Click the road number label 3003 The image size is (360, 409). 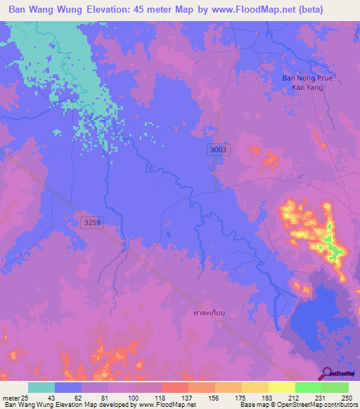217,150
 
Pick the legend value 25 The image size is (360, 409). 27,398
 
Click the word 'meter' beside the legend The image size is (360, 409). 11,398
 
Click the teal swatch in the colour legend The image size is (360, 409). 41,387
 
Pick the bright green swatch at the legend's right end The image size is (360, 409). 335,387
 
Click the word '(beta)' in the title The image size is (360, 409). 337,11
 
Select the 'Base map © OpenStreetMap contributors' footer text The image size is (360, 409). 298,405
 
